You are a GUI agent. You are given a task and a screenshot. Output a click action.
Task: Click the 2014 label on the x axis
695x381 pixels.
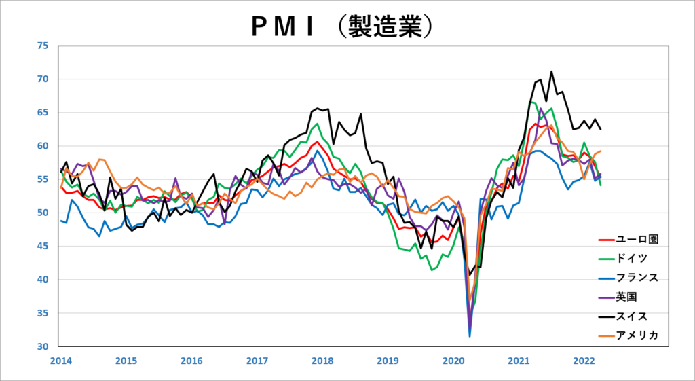60,361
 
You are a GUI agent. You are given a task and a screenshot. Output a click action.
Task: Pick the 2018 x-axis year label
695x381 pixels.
322,361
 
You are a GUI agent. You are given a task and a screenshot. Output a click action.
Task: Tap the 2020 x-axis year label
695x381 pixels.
453,361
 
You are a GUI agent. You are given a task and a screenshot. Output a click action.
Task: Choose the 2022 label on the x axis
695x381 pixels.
584,361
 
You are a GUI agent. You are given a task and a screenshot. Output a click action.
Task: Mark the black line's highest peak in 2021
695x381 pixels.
551,71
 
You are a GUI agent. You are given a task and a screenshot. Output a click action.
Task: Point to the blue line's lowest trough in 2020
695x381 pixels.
470,336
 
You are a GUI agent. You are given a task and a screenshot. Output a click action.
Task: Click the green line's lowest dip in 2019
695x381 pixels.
431,270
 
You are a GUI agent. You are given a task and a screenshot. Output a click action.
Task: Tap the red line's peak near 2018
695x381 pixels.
317,141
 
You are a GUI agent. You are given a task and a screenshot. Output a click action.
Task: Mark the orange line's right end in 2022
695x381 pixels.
601,151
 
